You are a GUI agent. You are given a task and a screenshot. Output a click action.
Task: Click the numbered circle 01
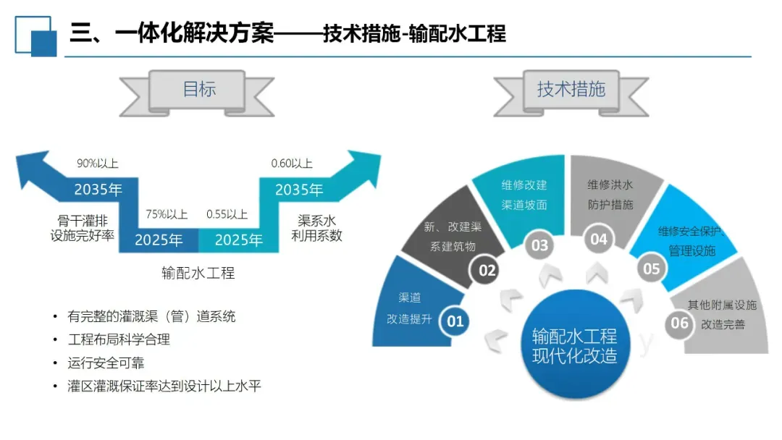455,320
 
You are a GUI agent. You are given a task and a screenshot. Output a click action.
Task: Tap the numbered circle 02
487,271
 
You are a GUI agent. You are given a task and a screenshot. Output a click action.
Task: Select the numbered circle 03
540,245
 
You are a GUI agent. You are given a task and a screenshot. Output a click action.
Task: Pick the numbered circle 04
599,239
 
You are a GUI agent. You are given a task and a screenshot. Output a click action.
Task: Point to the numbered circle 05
652,268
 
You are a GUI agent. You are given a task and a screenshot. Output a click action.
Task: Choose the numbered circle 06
679,323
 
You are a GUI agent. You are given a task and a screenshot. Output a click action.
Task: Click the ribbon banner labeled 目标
198,90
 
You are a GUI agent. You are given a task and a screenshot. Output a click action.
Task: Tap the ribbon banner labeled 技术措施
571,90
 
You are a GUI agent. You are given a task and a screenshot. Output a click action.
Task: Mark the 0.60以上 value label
292,164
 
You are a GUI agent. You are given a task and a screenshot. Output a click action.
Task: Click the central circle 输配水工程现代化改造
574,346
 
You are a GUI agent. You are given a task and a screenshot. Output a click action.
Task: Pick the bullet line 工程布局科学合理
119,339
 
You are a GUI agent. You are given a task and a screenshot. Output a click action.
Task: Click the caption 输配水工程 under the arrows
198,274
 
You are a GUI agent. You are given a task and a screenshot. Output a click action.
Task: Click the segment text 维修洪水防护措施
610,195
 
